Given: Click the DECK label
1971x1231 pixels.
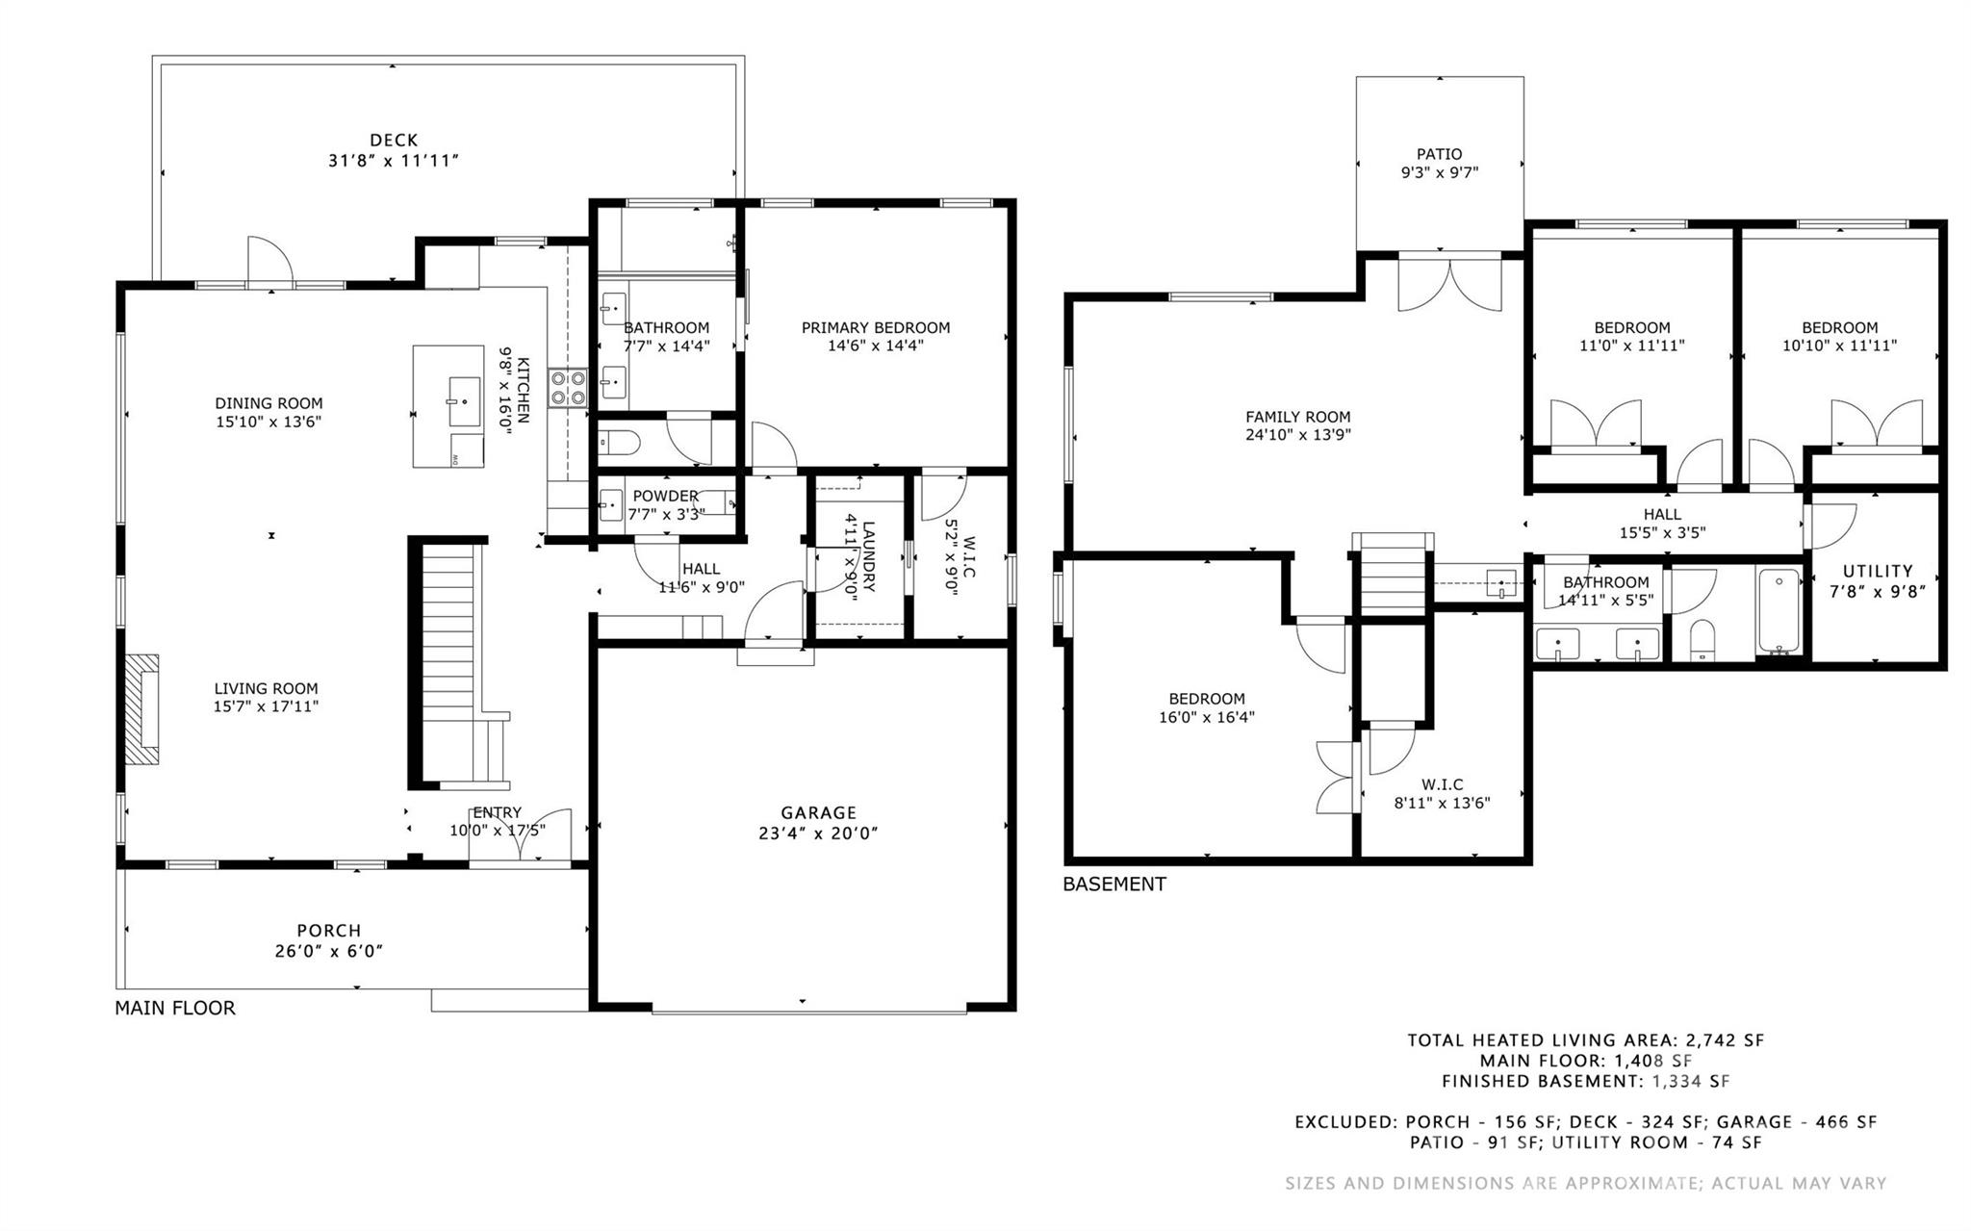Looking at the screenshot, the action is [x=394, y=141].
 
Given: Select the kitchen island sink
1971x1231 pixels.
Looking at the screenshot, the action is [x=464, y=401].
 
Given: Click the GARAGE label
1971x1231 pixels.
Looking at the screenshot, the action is [x=818, y=813].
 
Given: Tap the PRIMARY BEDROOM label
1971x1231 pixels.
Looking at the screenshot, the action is [x=876, y=327].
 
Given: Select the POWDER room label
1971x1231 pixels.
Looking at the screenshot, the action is [x=665, y=497].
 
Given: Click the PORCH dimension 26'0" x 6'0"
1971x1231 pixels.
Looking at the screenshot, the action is [x=329, y=952].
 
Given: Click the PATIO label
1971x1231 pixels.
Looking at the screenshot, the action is [x=1440, y=154].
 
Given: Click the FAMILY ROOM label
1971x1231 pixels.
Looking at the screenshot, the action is [x=1298, y=417].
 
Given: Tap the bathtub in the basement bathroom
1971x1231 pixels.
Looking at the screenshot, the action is [x=1779, y=612].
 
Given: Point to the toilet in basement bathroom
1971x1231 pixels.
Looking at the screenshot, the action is [x=1702, y=641].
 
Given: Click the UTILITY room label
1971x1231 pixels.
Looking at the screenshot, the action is [x=1878, y=571].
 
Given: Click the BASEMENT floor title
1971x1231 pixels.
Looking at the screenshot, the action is [x=1114, y=884].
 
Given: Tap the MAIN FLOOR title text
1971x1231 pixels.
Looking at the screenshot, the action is [x=175, y=1008].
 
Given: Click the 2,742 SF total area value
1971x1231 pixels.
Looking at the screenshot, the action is [x=1723, y=1040].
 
